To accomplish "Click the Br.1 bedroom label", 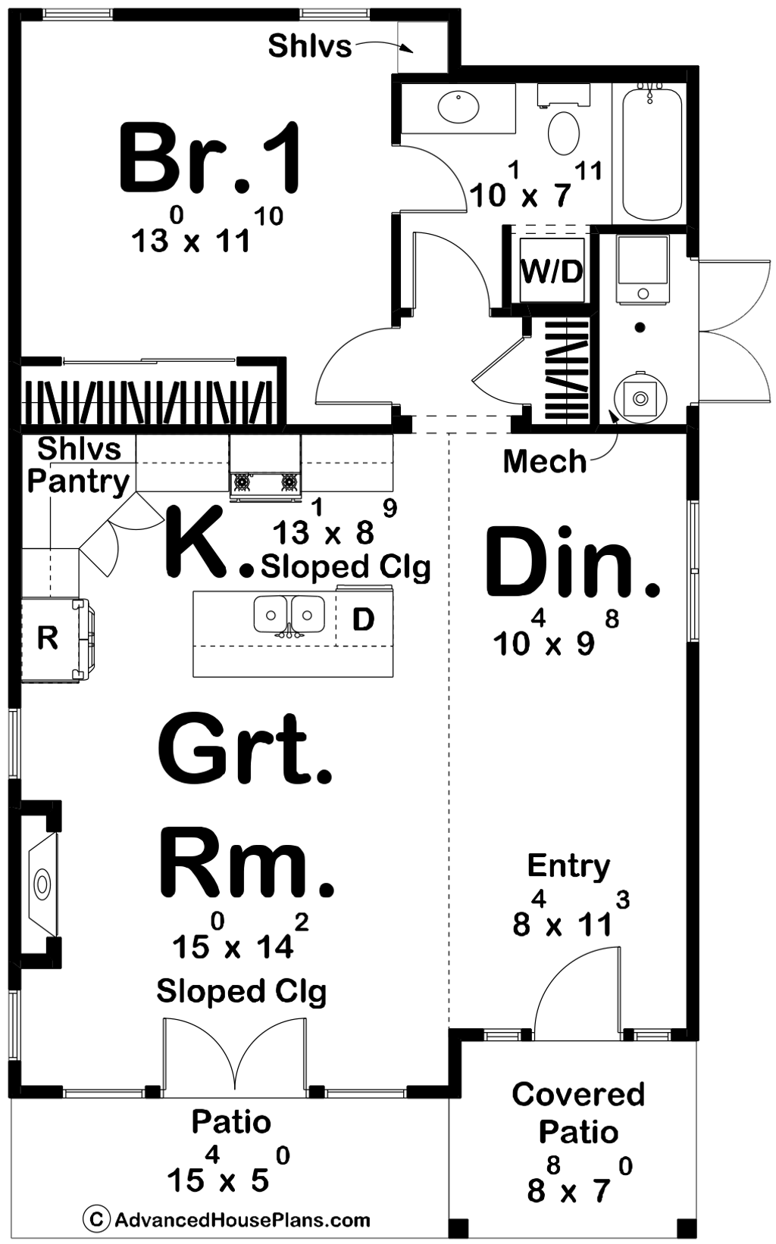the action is click(x=210, y=159).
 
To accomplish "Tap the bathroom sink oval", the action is click(x=458, y=108).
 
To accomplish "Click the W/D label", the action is click(x=552, y=272).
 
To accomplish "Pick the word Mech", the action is click(x=545, y=462).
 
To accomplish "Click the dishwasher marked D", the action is click(x=364, y=619).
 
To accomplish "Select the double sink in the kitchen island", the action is click(x=289, y=616).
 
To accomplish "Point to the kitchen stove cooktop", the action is click(x=266, y=481).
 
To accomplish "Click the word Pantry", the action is click(x=78, y=483).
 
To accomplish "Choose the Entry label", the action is click(x=568, y=865).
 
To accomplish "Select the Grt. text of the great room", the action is click(x=245, y=748).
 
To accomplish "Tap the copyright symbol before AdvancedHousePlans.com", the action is click(x=95, y=1220).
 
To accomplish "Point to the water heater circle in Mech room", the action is click(x=640, y=398).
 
